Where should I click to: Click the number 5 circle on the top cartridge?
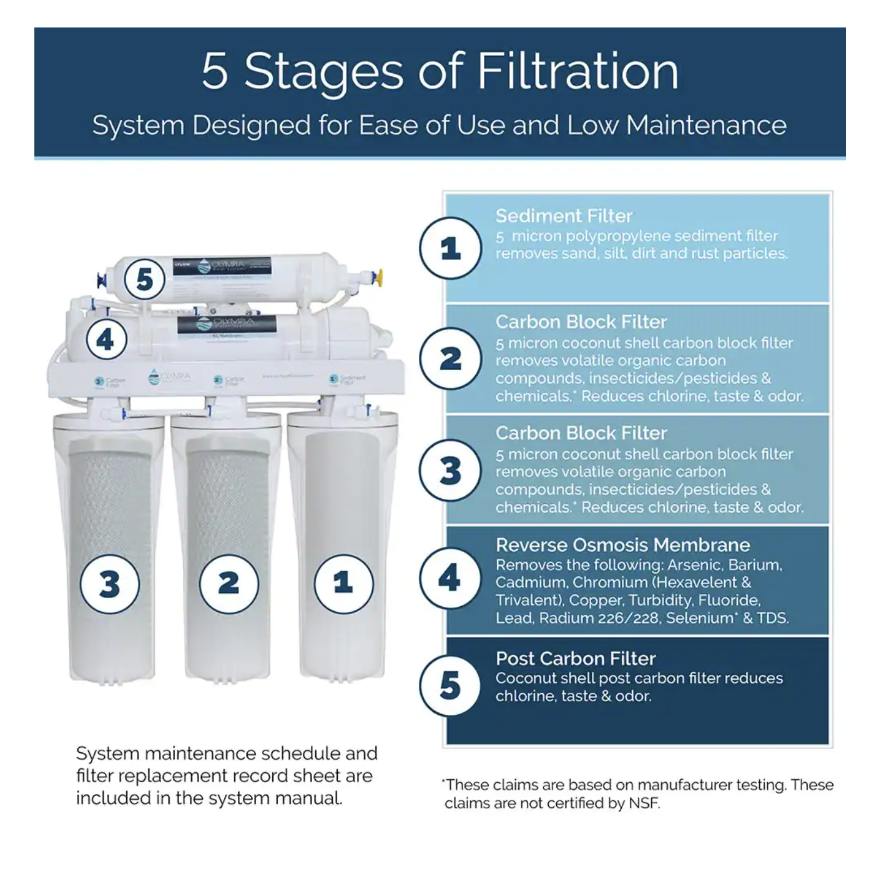click(x=144, y=279)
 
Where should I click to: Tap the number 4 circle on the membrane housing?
click(x=106, y=340)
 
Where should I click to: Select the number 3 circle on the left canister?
click(x=109, y=584)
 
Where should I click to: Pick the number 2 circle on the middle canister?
click(x=228, y=584)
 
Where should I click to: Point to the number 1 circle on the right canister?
click(x=343, y=584)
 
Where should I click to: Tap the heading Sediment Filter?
click(x=564, y=216)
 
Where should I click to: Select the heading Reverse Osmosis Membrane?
click(x=622, y=545)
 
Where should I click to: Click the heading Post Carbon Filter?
click(x=575, y=659)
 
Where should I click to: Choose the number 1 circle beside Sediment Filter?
click(x=450, y=248)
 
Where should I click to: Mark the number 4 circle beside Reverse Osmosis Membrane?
click(x=450, y=578)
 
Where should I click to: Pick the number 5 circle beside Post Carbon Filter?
click(x=450, y=685)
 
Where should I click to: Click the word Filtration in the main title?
click(x=577, y=71)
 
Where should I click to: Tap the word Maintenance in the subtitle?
click(x=706, y=125)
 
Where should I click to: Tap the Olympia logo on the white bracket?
click(x=169, y=377)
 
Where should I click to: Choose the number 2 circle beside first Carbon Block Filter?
click(x=450, y=359)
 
